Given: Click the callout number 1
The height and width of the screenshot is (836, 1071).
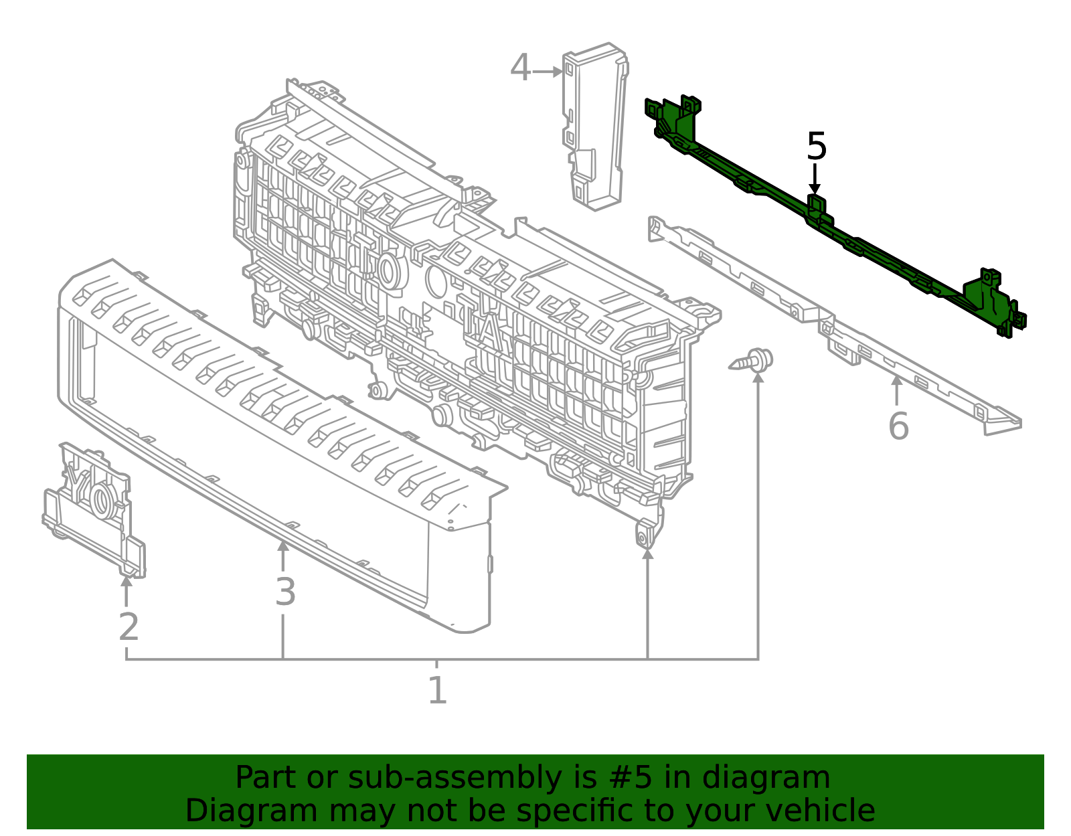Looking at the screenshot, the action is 438,689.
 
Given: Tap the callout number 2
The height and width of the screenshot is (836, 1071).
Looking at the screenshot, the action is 129,626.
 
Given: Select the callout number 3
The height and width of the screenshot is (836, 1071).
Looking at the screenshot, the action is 286,592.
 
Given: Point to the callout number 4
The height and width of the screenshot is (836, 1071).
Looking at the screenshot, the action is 521,68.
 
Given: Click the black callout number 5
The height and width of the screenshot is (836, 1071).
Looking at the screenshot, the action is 817,146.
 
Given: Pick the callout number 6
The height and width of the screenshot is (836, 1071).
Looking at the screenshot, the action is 898,426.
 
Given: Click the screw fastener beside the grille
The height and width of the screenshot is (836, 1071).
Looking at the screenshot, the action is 750,360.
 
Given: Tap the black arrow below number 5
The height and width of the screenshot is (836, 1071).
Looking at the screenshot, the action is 815,179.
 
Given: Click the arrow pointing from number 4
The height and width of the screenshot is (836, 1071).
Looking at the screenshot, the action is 548,72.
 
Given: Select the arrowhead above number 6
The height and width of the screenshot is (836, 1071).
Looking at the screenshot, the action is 896,380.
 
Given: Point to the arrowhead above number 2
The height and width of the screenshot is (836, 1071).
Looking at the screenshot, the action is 127,581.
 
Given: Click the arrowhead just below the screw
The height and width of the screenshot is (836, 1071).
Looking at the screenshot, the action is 758,378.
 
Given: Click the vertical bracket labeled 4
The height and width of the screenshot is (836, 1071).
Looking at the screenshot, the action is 595,126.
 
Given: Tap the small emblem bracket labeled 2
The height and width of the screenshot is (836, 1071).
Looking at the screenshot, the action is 94,511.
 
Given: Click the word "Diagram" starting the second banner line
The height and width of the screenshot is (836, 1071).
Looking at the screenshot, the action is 252,811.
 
